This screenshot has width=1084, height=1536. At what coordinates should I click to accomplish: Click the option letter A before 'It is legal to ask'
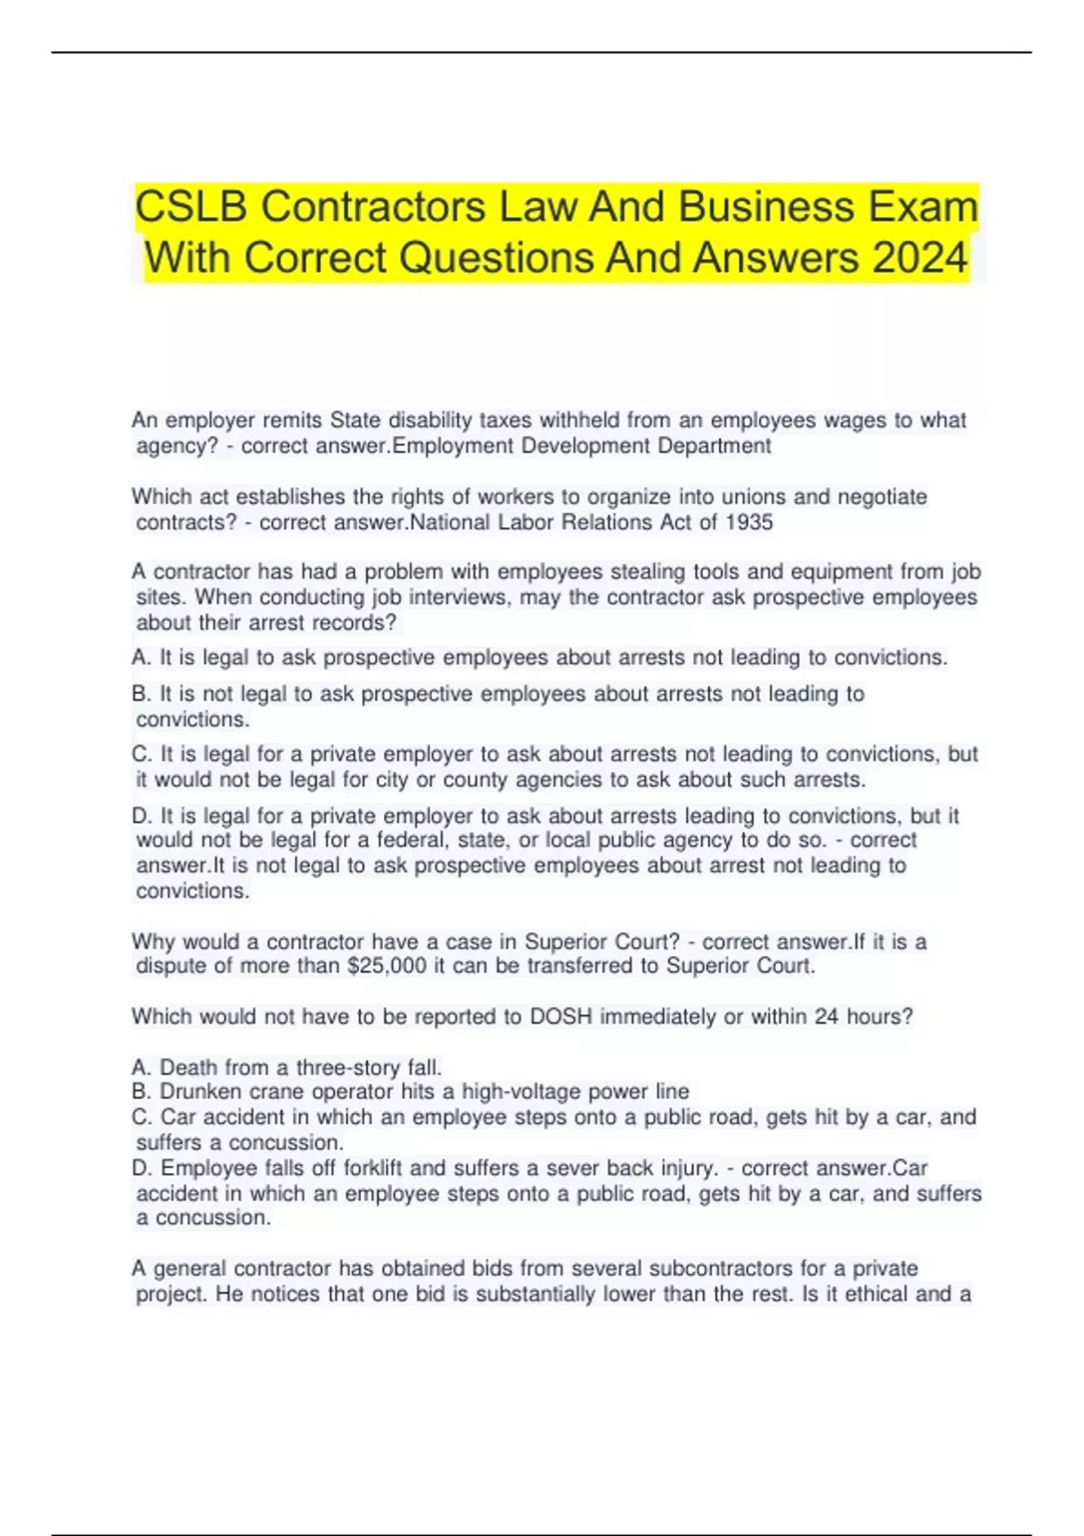(x=140, y=658)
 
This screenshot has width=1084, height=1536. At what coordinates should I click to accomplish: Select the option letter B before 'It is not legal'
(x=140, y=694)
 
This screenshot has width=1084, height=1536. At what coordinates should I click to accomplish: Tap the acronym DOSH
(x=560, y=1016)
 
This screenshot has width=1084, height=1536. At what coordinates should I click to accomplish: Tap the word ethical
(x=876, y=1294)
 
